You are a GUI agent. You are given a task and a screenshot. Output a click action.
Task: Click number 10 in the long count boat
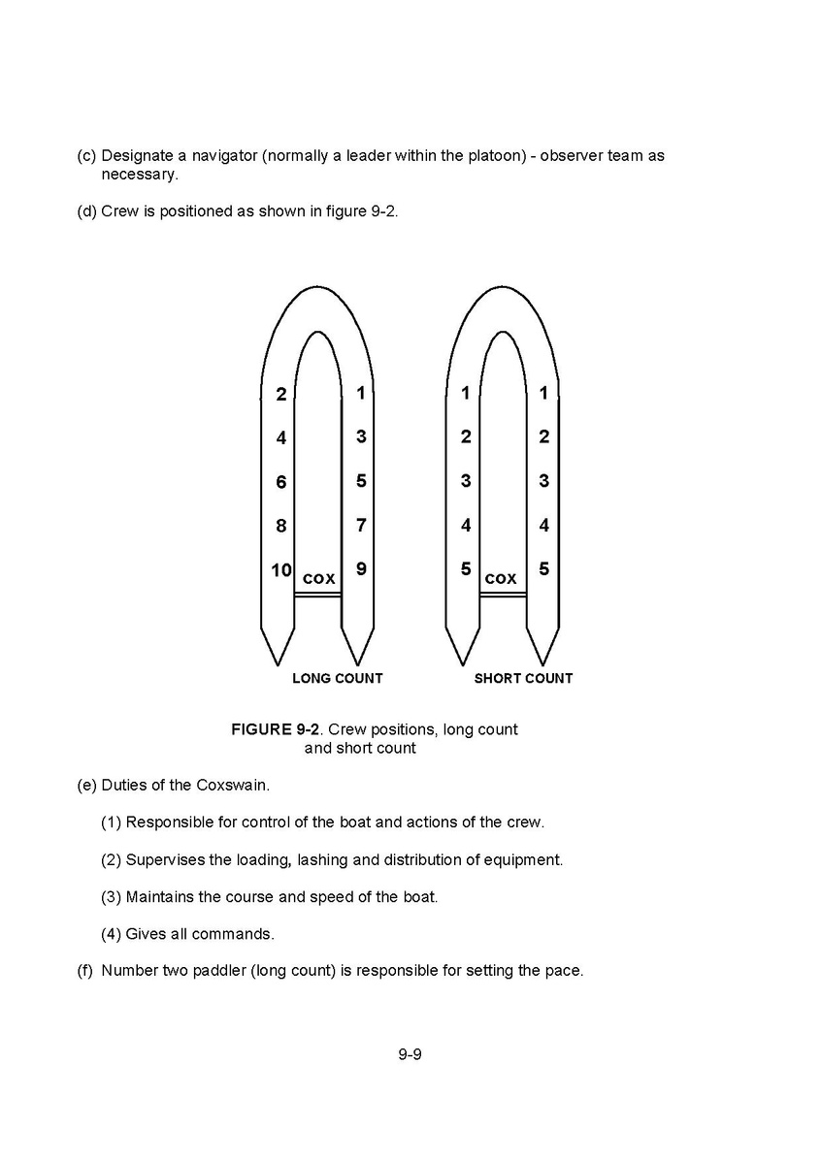tap(281, 570)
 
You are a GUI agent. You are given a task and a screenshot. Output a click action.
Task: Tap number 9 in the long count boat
tap(361, 569)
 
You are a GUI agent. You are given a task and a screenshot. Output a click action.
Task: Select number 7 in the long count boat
tap(361, 526)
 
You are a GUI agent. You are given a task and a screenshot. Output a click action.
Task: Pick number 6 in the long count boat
tap(281, 482)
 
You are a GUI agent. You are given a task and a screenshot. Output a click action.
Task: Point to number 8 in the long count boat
tap(281, 527)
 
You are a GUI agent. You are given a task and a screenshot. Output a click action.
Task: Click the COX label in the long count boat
tap(319, 579)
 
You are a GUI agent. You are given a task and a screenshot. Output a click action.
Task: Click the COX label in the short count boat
tap(501, 579)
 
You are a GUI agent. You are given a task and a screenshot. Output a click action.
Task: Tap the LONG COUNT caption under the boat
tap(338, 679)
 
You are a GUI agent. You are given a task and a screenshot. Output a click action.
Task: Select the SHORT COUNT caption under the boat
tap(523, 679)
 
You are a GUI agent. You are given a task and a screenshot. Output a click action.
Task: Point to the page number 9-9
tap(410, 1053)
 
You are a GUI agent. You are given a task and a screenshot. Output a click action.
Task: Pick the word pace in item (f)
tap(564, 970)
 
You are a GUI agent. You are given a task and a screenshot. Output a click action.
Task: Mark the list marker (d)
tap(86, 211)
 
